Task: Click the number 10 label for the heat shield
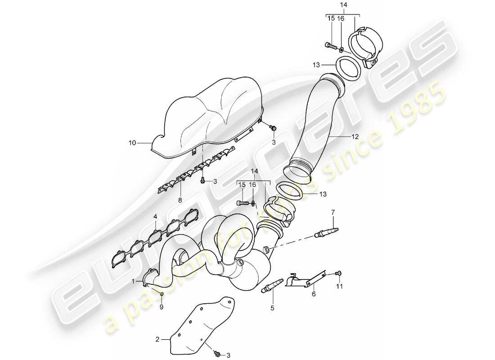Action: tap(131, 143)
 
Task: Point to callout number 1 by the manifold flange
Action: tap(133, 281)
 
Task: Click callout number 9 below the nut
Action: tap(162, 307)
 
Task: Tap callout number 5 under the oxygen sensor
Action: tap(272, 308)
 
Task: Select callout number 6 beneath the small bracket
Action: tap(313, 294)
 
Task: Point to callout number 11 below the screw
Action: tap(340, 286)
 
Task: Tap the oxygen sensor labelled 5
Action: tap(272, 285)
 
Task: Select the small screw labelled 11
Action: tap(340, 273)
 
